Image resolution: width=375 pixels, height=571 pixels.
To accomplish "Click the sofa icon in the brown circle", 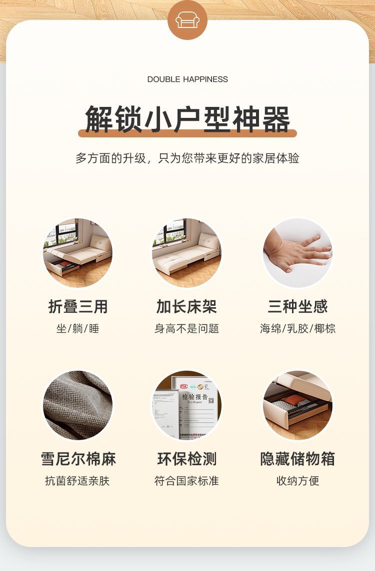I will coord(187,19).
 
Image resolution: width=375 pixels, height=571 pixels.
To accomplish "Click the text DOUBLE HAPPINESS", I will coord(187,79).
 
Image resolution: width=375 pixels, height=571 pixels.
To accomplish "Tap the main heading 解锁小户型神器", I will coord(187,119).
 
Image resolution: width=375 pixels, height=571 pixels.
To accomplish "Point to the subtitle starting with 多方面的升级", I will coord(187,158).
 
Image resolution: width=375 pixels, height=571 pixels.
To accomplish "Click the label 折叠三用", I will coord(78,306).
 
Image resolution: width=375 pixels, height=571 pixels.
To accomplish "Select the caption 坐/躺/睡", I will coord(78,329).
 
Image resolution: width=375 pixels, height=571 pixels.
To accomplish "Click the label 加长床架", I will coord(186,306).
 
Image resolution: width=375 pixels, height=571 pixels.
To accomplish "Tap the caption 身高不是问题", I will coord(186,329).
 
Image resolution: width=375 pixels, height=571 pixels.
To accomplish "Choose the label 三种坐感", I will coord(297,306).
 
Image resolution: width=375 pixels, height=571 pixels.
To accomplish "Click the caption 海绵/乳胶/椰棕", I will coord(297,329).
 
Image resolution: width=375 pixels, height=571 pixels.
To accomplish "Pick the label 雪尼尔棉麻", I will coord(78,459).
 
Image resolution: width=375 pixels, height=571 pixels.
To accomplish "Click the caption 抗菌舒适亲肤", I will coord(77,481).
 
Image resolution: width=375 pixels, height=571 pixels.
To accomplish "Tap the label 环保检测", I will coord(186,459).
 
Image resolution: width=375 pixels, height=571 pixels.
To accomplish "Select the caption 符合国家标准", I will coord(186,481).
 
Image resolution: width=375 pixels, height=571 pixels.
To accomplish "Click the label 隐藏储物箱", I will coord(297,459).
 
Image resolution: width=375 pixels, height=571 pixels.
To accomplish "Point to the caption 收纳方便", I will coord(297,481).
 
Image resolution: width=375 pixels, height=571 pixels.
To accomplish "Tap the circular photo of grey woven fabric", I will coord(78,405).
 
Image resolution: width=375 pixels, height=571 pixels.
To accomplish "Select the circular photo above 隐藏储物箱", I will coord(297,405).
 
